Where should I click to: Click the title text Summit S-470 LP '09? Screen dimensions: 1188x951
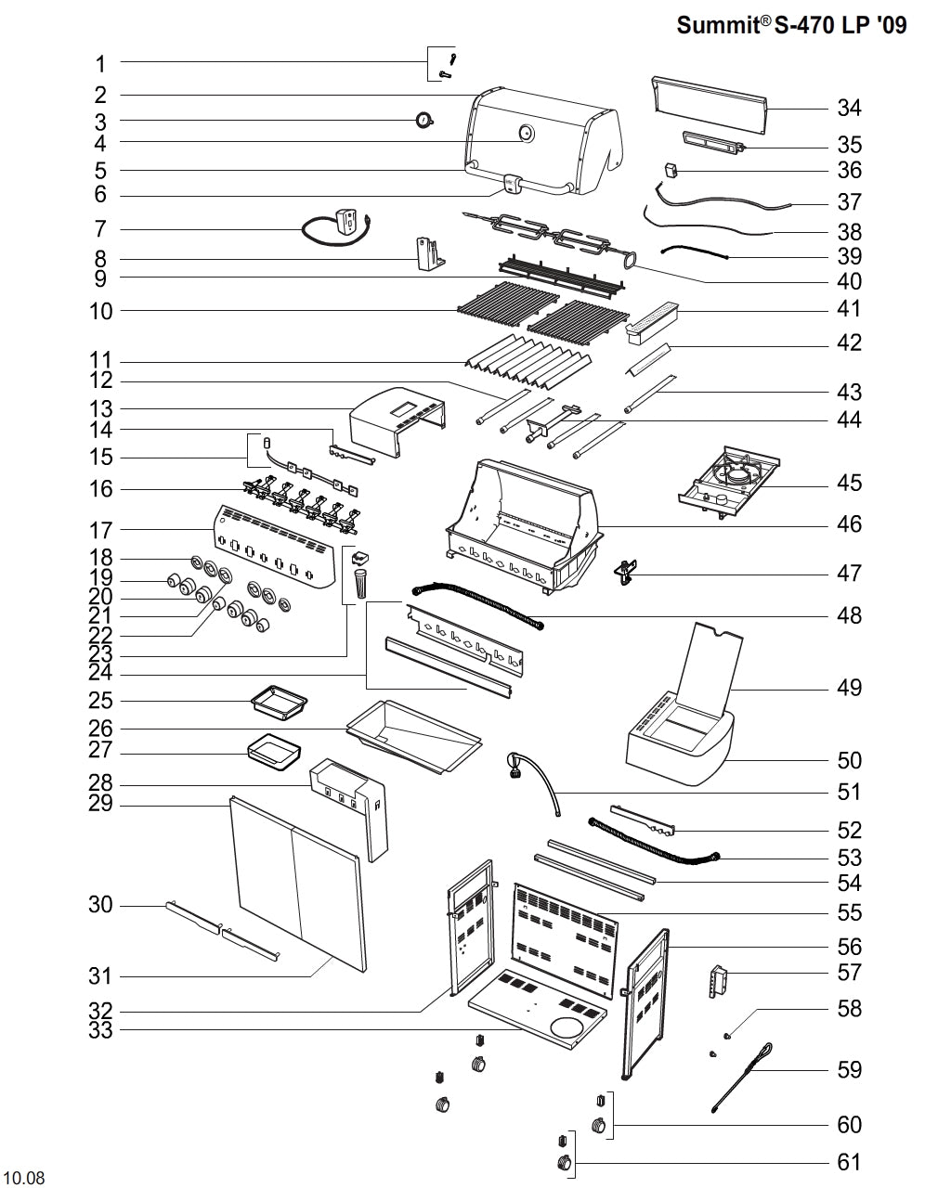coord(791,25)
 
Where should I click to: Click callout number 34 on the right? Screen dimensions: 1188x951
coord(849,108)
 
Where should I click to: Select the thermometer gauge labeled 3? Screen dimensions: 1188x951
coord(424,120)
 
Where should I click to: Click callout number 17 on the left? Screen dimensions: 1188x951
coord(101,530)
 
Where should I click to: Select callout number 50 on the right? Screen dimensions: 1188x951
coord(849,760)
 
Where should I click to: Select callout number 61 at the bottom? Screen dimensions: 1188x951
coord(849,1162)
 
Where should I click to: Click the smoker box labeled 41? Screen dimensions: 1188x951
coord(654,318)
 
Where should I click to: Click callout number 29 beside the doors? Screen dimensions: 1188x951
coord(101,804)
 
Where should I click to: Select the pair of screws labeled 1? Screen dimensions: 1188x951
coord(447,63)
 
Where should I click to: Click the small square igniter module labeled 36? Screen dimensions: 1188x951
coord(671,171)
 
